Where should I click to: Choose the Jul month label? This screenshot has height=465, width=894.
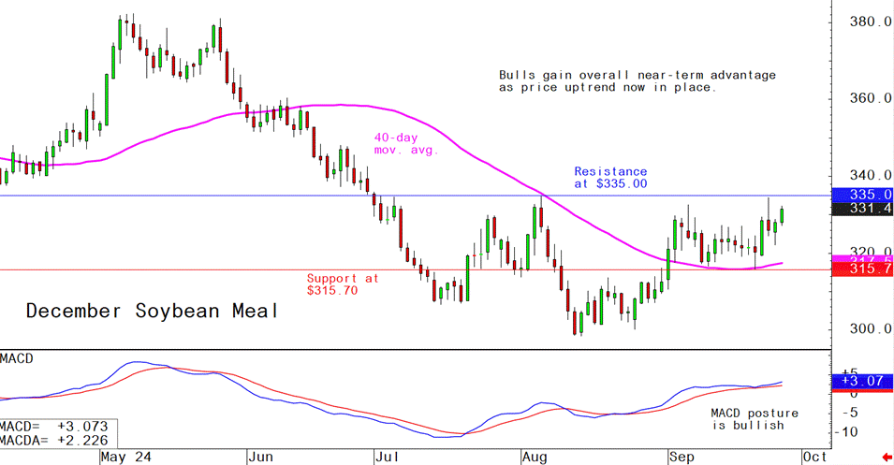tap(387, 458)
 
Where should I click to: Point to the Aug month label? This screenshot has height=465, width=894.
tap(535, 458)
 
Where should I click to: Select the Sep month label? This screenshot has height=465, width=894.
tap(681, 458)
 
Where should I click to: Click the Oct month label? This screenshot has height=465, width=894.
tap(814, 458)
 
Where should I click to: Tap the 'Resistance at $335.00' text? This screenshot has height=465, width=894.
tap(610, 178)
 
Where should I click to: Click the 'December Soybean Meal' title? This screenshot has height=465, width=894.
tap(151, 311)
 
